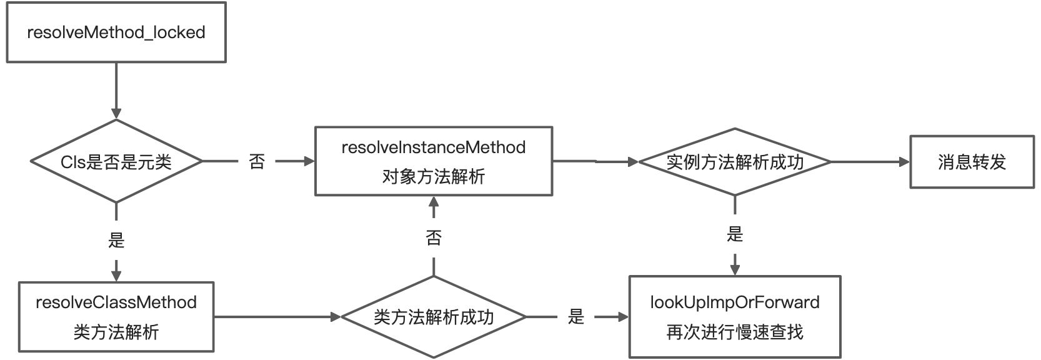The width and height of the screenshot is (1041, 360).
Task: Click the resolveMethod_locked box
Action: (116, 32)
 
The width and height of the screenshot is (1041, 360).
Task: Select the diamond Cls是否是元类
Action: (116, 162)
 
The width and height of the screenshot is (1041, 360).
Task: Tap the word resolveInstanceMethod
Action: (433, 147)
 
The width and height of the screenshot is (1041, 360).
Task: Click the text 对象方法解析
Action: (433, 177)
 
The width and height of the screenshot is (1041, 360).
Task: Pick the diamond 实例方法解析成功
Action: (734, 162)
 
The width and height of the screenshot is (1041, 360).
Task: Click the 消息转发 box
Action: (971, 162)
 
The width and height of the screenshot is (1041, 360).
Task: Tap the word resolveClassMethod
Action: (116, 302)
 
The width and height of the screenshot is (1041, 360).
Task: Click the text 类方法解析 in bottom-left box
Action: (116, 332)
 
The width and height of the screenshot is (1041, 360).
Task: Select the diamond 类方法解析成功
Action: (433, 317)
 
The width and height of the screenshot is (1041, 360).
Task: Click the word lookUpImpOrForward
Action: (734, 302)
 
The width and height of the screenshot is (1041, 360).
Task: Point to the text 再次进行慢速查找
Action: (734, 332)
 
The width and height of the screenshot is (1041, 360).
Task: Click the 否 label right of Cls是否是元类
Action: (257, 162)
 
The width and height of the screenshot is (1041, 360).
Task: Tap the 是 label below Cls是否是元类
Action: (116, 240)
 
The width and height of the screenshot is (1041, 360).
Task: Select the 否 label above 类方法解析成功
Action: (433, 237)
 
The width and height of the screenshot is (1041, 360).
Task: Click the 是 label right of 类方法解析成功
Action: (575, 317)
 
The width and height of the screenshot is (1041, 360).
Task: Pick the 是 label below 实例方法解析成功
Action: (735, 234)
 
